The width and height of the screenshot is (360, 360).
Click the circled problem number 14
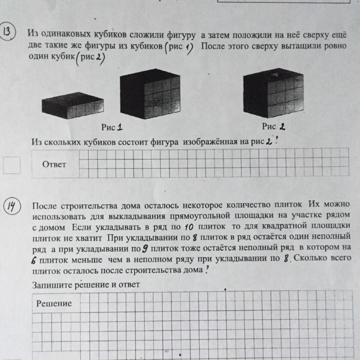coord(11,208)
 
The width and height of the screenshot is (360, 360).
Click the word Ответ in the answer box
coord(54,164)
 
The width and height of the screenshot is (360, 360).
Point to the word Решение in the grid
coord(54,303)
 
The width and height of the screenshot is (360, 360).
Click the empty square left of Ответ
coord(12,165)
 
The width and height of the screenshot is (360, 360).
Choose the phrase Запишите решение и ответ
coord(85,285)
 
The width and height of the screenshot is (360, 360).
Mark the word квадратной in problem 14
coord(282,227)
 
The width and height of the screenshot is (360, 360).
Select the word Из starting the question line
coord(36,142)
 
